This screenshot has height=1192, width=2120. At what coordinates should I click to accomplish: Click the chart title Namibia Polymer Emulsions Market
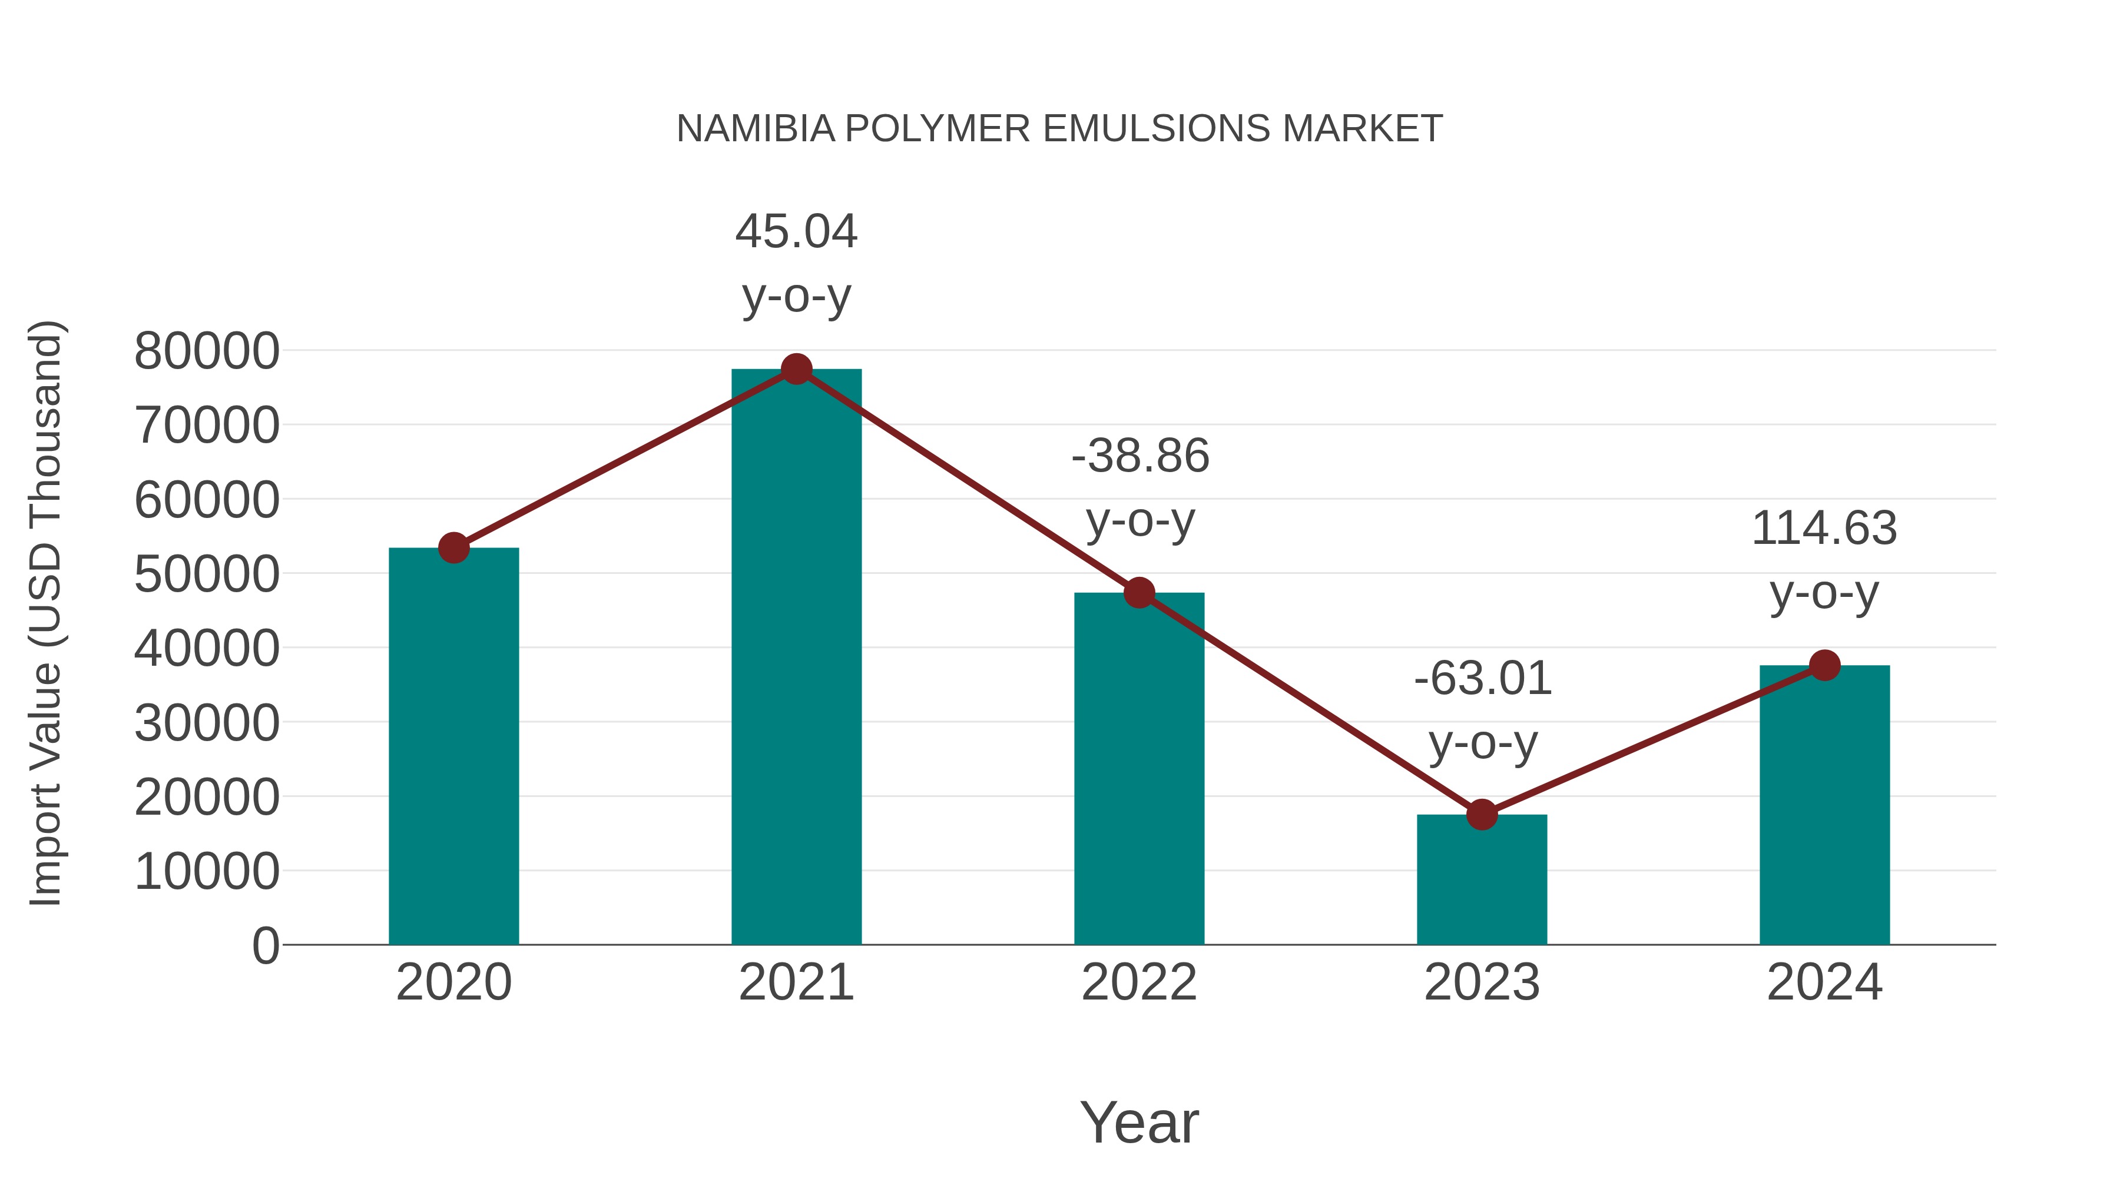click(1059, 129)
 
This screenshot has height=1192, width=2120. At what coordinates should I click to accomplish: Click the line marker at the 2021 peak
click(796, 369)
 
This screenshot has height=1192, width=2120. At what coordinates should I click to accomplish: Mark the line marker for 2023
click(1482, 815)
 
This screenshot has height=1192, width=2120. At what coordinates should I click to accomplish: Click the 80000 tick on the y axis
click(207, 351)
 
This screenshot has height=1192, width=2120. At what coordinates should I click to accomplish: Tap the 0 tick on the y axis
click(265, 945)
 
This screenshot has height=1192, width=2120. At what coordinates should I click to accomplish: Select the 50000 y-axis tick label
click(207, 574)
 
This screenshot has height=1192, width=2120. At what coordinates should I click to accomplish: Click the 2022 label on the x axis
click(1139, 982)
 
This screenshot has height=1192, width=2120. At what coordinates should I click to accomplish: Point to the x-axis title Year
click(1139, 1122)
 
